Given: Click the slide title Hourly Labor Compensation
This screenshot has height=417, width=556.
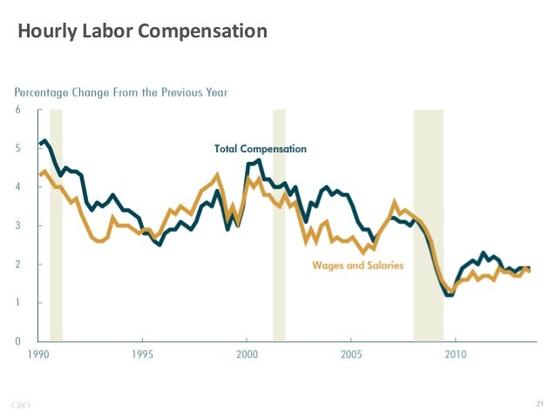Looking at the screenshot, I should [x=142, y=33].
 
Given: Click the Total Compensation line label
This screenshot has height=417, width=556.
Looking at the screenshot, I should [x=261, y=149].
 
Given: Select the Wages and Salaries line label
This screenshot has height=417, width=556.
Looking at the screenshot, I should [x=357, y=266].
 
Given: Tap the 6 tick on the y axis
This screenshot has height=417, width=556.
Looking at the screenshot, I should [x=18, y=110].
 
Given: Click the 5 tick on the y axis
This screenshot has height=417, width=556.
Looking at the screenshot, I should [x=18, y=149].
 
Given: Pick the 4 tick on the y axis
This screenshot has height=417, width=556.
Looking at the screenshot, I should [x=18, y=187].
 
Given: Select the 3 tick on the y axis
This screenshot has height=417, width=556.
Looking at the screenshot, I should [x=18, y=226].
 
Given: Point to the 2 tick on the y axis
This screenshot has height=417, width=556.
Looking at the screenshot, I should [x=18, y=265].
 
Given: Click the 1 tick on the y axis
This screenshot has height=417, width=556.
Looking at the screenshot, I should [x=18, y=303].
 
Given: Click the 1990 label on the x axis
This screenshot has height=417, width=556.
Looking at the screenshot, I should [x=37, y=355].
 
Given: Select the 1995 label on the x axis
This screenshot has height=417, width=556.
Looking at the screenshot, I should [x=142, y=355].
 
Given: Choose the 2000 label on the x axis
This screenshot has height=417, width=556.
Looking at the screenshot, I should [x=247, y=355].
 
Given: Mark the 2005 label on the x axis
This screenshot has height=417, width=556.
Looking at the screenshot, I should [x=351, y=355].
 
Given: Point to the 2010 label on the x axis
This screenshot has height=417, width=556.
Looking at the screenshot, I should [x=456, y=355].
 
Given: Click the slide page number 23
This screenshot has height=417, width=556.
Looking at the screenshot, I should [x=538, y=403].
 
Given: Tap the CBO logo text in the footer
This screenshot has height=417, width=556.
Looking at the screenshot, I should [x=21, y=404].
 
